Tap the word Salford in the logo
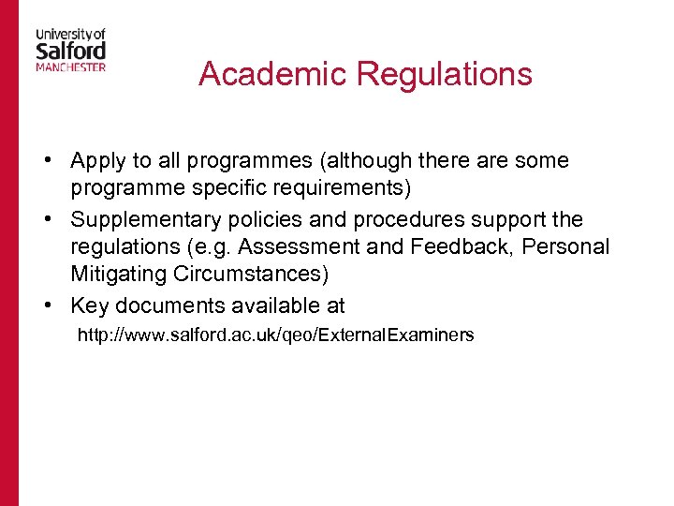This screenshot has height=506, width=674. [x=70, y=49]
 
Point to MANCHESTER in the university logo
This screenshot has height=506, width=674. [x=70, y=67]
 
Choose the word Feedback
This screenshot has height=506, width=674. [x=468, y=247]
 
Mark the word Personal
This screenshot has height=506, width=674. [x=568, y=247]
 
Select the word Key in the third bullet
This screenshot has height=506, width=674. [x=90, y=305]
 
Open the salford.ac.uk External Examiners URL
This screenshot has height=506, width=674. [x=275, y=335]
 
